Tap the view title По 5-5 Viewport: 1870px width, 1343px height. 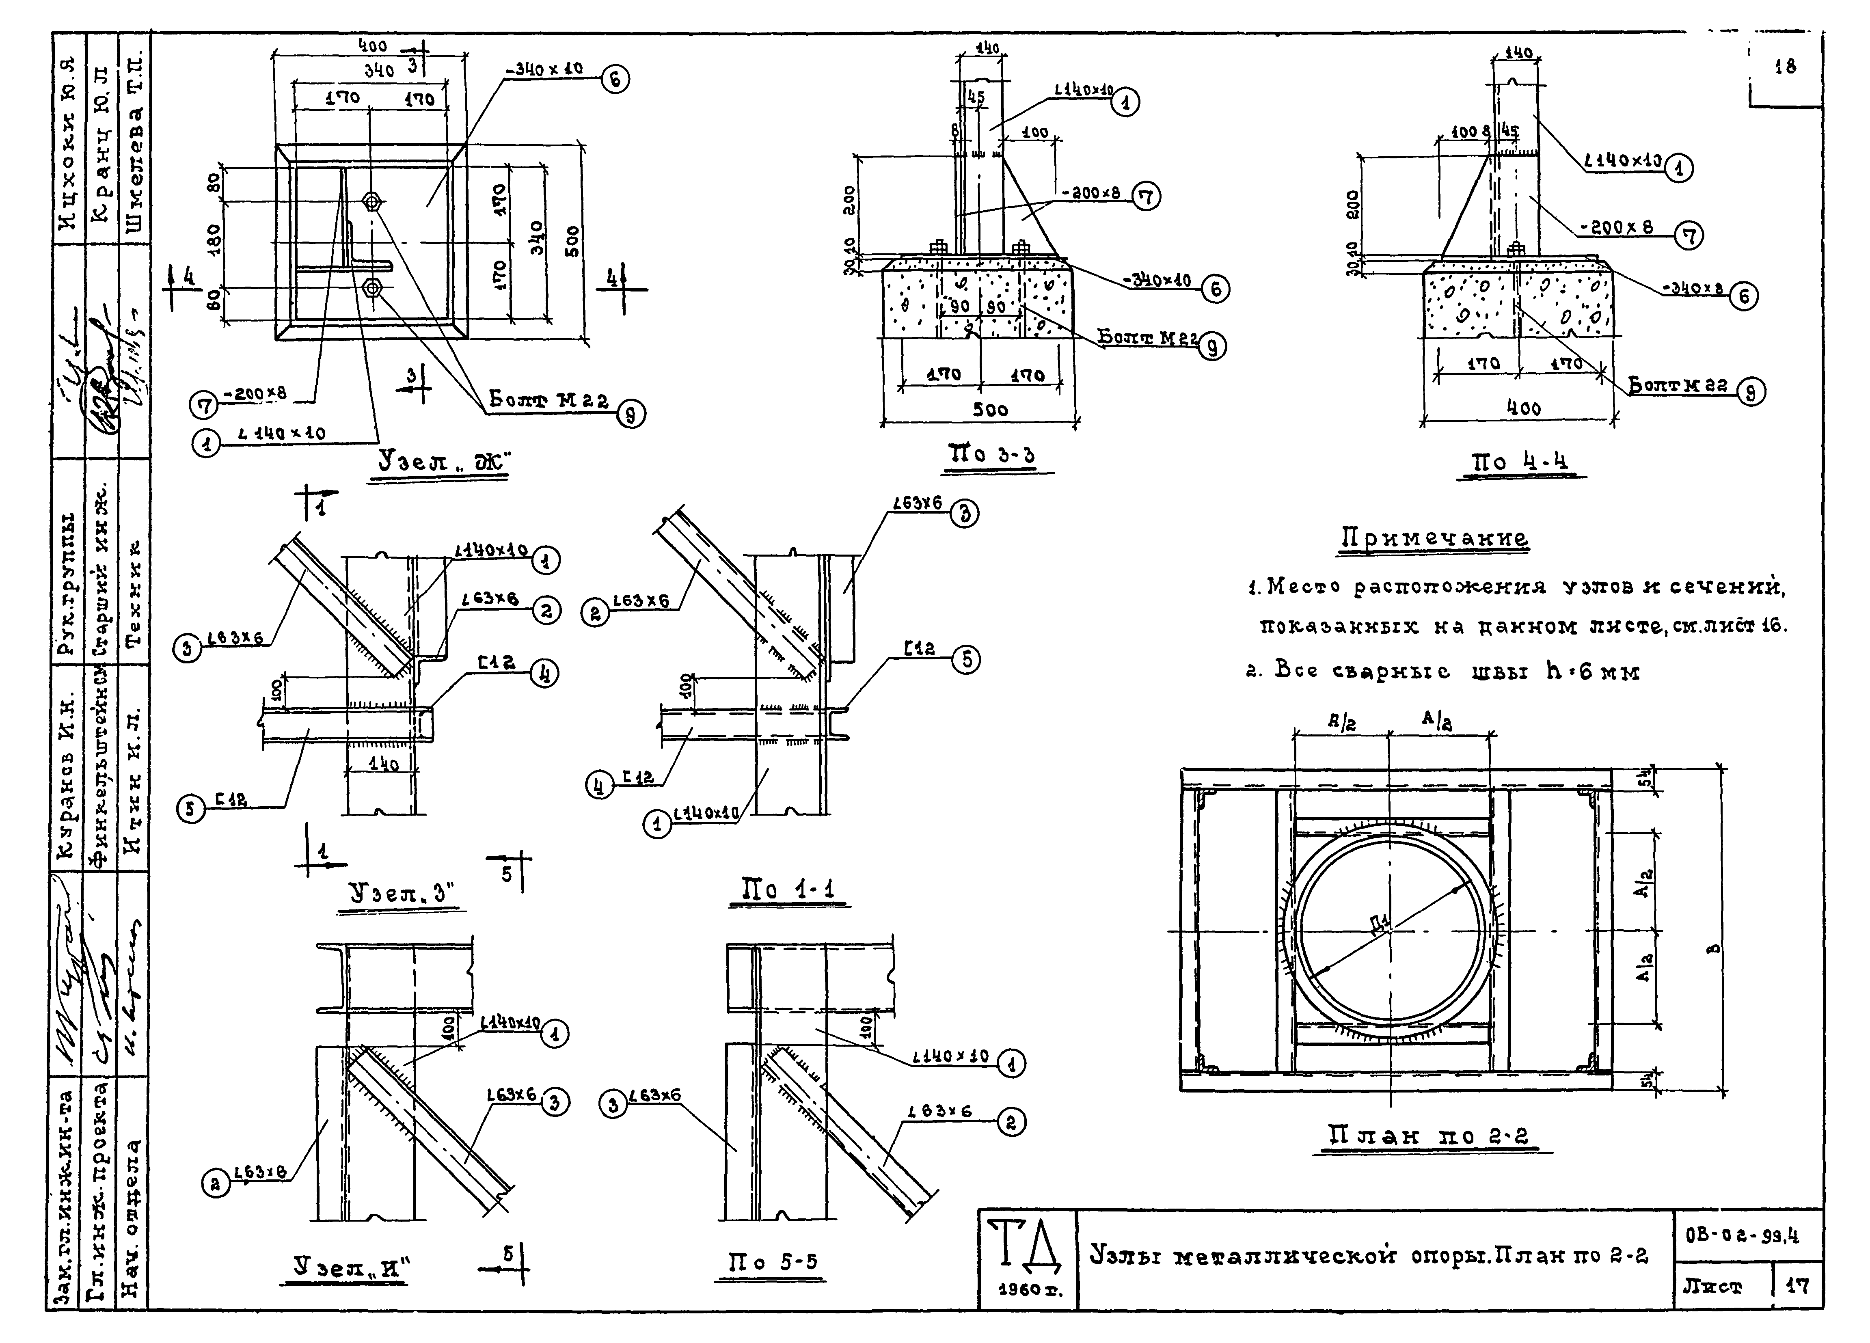pos(771,1261)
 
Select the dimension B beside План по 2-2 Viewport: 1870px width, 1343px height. pos(1713,950)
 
